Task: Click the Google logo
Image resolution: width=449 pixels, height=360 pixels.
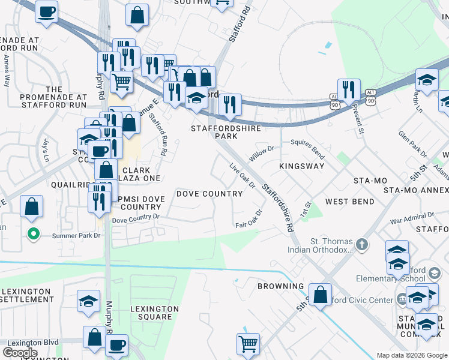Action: point(20,353)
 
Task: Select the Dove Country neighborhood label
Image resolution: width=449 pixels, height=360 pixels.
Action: point(209,194)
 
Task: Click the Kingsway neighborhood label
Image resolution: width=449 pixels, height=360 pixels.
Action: point(302,166)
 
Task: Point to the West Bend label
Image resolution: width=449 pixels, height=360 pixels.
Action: point(350,202)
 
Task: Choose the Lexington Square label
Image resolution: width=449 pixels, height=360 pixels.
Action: point(155,313)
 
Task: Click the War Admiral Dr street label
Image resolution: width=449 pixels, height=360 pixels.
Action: point(412,218)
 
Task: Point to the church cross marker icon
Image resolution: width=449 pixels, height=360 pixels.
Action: point(361,244)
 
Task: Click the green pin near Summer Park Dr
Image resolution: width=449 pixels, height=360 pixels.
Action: point(34,234)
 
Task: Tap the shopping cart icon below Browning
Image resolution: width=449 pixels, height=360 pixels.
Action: point(248,344)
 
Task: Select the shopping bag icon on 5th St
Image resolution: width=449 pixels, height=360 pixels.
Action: point(320,295)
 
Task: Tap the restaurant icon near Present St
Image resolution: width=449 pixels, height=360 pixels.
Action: point(349,90)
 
